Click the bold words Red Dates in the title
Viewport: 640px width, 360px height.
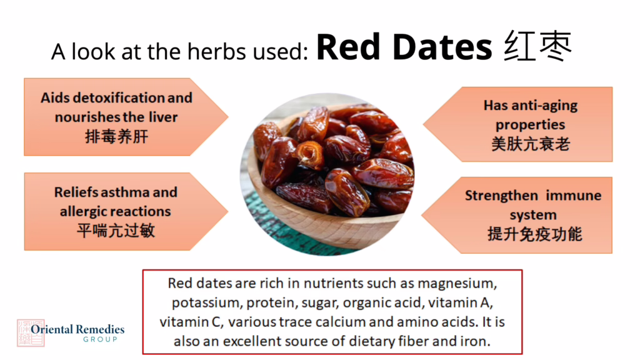coord(404,47)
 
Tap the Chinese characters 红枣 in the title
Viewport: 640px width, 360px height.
coord(537,46)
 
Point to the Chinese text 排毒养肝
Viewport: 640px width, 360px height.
coord(116,136)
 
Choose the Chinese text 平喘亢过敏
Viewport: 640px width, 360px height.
coord(116,231)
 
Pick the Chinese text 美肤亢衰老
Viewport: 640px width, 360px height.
coord(531,144)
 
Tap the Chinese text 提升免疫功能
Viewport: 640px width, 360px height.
coord(535,234)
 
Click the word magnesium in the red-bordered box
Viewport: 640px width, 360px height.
coord(457,284)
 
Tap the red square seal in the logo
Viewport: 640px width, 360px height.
coord(31,333)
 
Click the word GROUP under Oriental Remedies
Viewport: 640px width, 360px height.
coord(101,339)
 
